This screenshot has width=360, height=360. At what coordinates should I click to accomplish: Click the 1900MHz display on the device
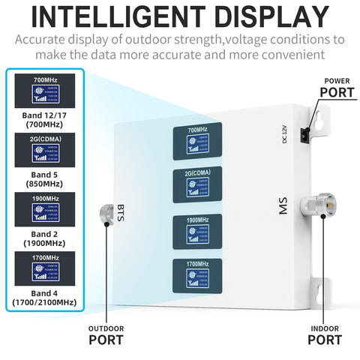[x=197, y=232]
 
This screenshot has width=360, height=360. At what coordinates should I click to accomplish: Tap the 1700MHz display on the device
[x=197, y=275]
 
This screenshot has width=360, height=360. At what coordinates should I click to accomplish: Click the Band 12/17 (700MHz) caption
[x=43, y=120]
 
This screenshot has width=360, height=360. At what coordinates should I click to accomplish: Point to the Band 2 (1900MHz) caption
[x=43, y=239]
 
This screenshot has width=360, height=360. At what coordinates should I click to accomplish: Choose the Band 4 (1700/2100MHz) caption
[x=43, y=298]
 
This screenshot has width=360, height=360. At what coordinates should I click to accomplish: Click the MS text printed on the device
[x=283, y=205]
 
